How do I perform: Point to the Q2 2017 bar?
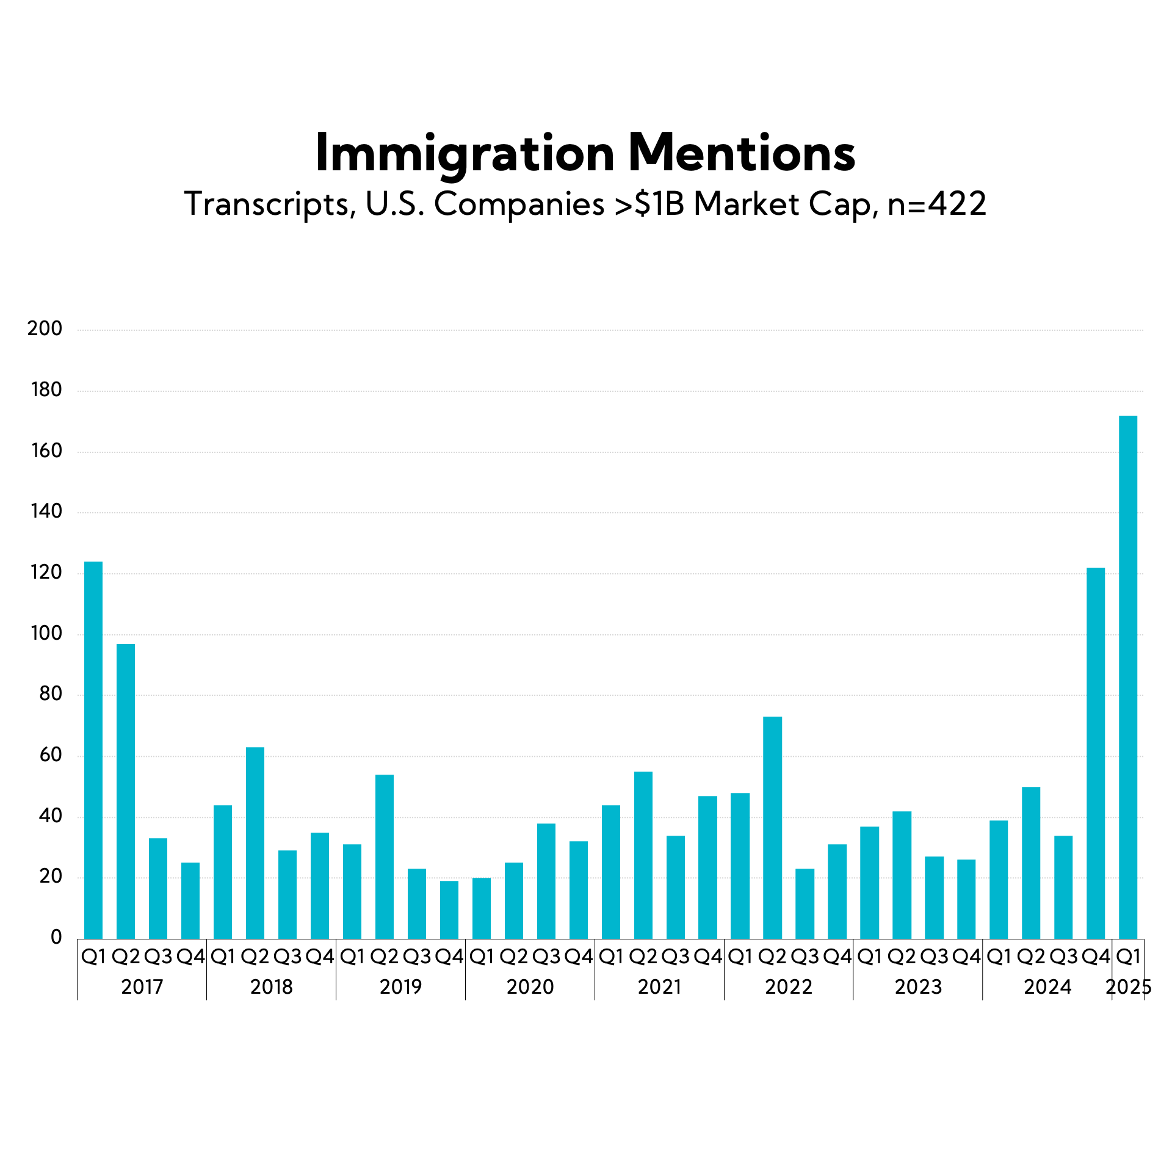pos(126,791)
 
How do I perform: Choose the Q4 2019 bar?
pos(449,910)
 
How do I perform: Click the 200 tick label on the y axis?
pos(45,329)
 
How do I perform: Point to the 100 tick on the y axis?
pos(46,634)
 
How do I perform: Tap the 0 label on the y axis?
pos(56,938)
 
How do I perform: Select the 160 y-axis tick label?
pos(46,451)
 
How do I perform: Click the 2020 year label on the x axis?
pos(530,987)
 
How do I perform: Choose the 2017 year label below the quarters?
pos(142,987)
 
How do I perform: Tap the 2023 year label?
pos(918,987)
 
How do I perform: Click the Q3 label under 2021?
pos(675,957)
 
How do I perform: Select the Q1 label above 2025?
pos(1128,957)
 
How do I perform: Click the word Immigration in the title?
pos(465,154)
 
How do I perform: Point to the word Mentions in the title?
pos(742,154)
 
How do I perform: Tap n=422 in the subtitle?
pos(936,204)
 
